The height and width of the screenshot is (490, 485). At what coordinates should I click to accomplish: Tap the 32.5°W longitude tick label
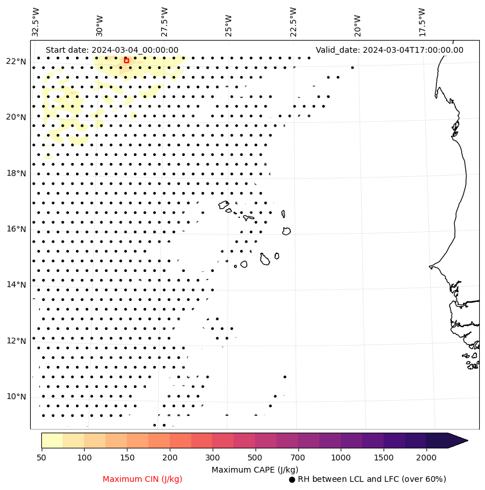pos(36,22)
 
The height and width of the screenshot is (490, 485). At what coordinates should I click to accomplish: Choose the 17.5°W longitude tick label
pos(422,22)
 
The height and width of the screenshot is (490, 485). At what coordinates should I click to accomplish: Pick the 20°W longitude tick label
pos(358,22)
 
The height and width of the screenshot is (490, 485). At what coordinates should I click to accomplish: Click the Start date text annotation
pos(112,50)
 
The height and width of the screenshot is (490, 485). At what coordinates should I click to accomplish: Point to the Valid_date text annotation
pos(389,50)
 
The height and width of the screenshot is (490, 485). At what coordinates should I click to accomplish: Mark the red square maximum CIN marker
pos(126,60)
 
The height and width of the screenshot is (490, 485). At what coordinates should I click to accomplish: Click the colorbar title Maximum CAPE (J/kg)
pos(251,469)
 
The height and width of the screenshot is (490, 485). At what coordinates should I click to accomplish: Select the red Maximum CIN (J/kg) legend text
pos(143,479)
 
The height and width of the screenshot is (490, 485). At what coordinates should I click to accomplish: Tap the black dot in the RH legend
pos(292,480)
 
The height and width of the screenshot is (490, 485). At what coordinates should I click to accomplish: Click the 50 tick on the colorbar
pos(41,458)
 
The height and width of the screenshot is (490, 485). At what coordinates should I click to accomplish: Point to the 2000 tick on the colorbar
pos(426,458)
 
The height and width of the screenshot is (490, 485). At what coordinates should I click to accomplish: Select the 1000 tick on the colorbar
pos(341,458)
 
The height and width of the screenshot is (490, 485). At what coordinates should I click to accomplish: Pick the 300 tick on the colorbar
pos(212,458)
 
